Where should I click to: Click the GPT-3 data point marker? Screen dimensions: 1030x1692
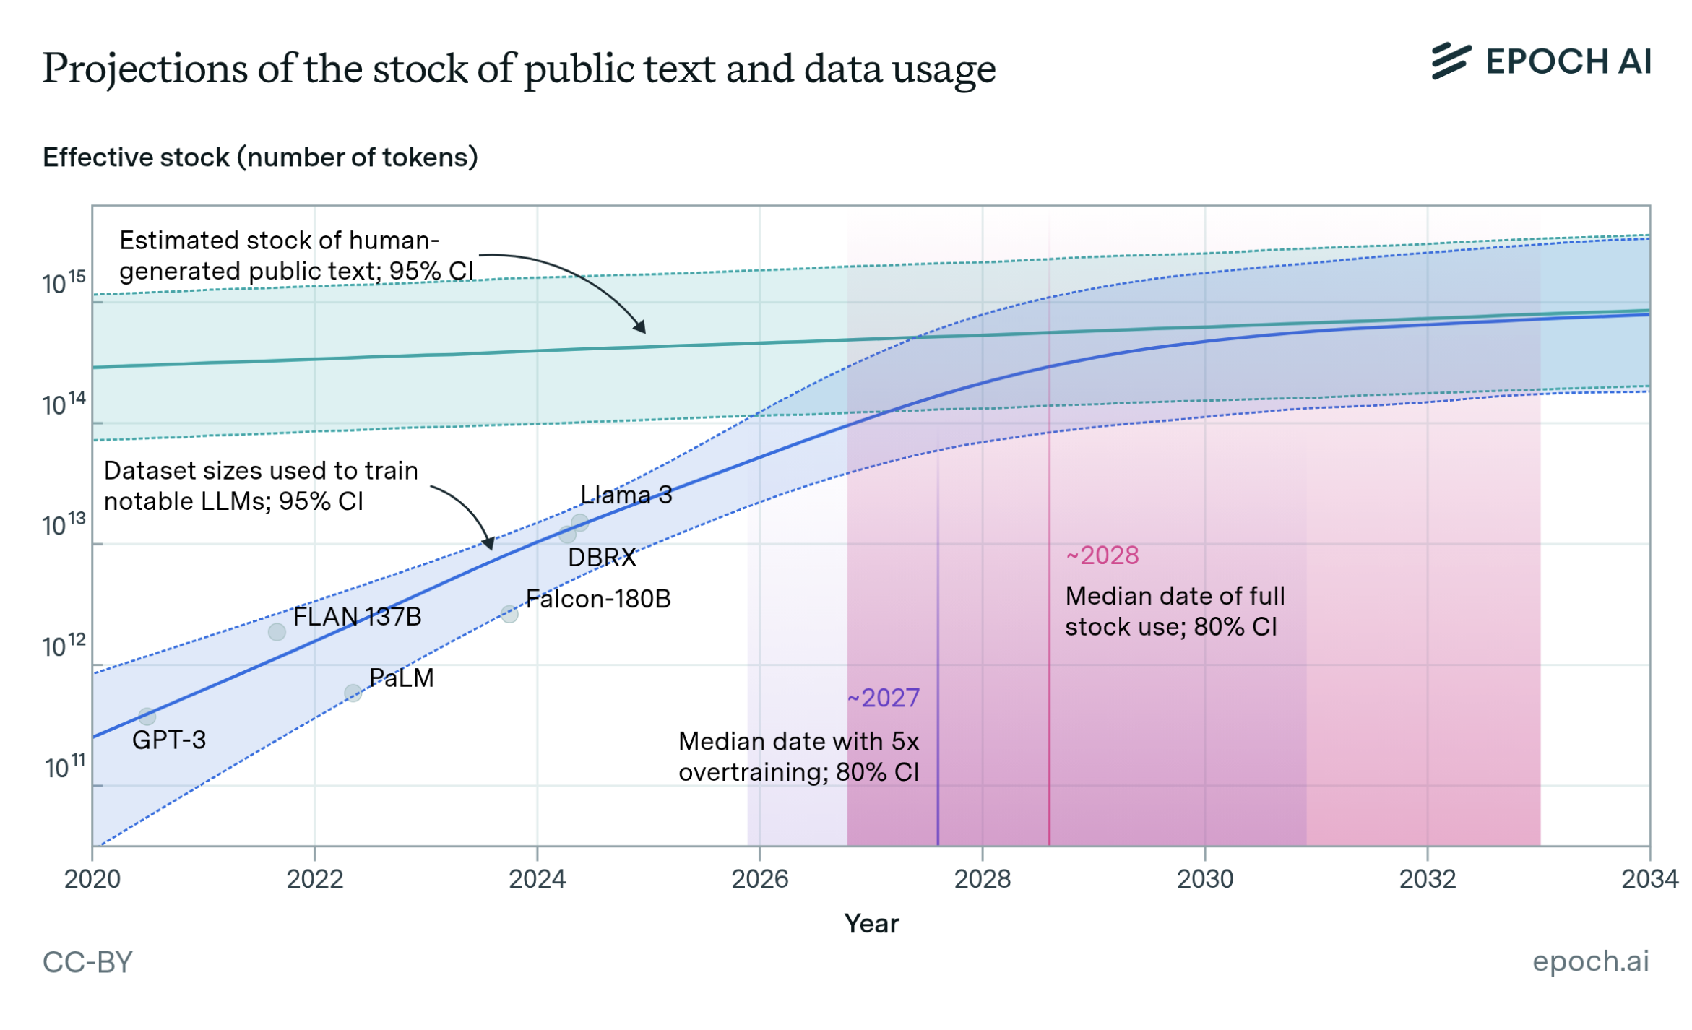[147, 717]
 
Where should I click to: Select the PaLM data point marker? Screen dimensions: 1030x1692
[353, 693]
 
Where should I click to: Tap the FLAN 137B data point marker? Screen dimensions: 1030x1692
[277, 632]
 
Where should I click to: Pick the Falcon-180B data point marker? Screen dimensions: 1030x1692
[509, 614]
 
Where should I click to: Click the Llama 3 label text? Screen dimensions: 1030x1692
[626, 495]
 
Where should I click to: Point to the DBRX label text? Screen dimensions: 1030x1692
[601, 558]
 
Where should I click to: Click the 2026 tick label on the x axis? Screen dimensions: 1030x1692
[759, 878]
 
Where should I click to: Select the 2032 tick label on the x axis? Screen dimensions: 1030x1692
[1427, 878]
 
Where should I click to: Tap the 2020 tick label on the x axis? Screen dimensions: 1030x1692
[92, 878]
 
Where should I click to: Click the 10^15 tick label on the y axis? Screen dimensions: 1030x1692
[64, 283]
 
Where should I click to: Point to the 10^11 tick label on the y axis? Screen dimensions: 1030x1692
[65, 767]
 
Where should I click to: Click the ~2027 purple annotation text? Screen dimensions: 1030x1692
[883, 698]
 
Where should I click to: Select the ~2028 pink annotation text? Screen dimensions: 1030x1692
[1102, 555]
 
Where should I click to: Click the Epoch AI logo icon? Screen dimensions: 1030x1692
[1450, 61]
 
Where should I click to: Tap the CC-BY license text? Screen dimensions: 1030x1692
[87, 962]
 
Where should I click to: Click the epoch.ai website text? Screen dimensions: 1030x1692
[1590, 961]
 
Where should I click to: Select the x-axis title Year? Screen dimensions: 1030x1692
[871, 924]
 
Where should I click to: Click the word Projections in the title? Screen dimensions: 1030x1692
[145, 69]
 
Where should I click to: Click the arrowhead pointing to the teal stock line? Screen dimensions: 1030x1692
[640, 327]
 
